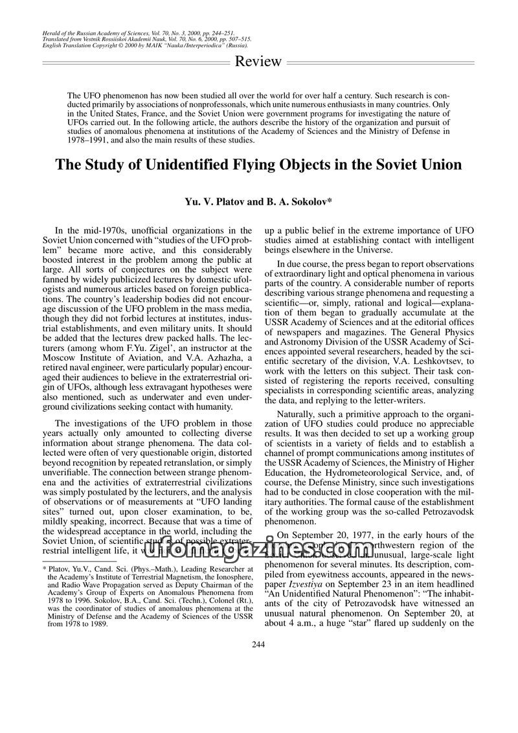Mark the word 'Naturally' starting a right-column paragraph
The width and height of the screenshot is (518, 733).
tap(298, 414)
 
